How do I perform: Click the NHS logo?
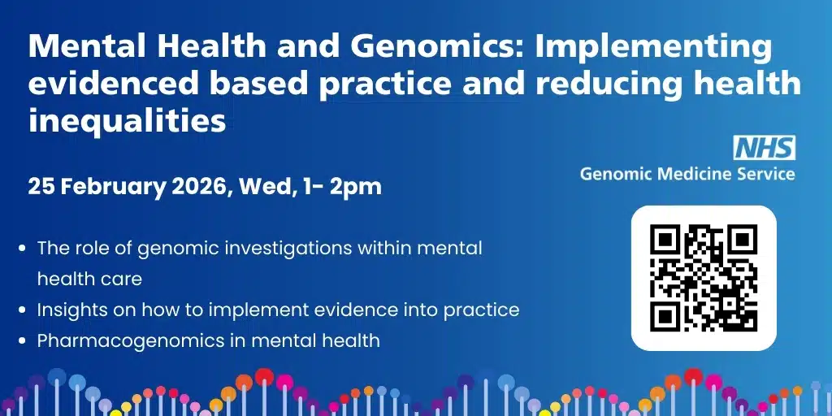764,148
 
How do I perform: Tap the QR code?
704,278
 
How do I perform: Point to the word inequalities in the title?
127,120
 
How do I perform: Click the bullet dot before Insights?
22,310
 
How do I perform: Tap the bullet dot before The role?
22,248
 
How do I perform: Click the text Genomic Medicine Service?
687,174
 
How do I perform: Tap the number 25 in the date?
41,187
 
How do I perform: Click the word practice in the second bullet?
481,310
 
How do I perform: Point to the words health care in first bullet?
89,279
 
